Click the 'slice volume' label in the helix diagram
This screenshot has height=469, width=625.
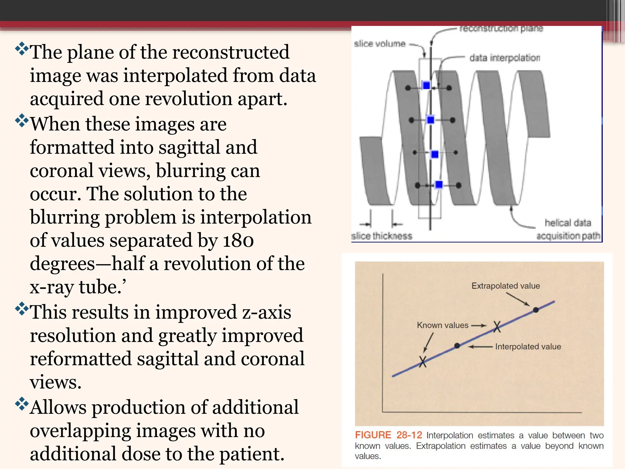pos(380,44)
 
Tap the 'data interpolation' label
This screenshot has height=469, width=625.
pos(504,58)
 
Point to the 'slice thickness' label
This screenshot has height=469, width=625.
pos(381,236)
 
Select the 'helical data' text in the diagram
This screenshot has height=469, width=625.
pos(568,223)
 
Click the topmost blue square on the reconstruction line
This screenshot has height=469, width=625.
pos(426,85)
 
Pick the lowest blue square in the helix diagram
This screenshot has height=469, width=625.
pos(439,184)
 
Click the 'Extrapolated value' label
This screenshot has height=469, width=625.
pos(505,286)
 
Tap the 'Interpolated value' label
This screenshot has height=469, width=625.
pos(528,347)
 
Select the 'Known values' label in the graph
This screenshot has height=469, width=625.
pos(442,325)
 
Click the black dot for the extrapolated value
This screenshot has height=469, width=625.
pos(536,310)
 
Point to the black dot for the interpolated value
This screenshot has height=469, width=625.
pos(457,346)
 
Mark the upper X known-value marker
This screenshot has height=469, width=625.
pos(497,327)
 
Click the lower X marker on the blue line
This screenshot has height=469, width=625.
pos(423,362)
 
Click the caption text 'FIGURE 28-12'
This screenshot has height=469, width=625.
pos(388,435)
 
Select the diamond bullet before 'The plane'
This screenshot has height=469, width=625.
pos(22,49)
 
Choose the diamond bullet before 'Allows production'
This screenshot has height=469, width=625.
pos(22,404)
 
